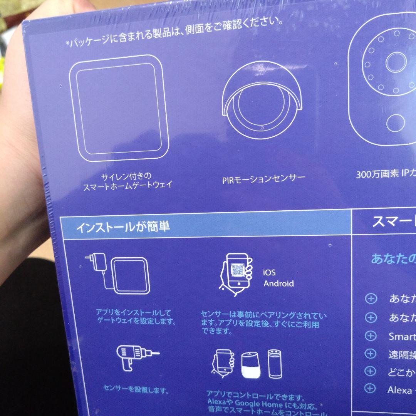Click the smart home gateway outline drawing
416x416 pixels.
point(119,109)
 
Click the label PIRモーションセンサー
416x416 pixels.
point(263,179)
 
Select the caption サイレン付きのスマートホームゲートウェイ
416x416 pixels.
point(127,181)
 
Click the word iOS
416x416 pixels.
point(269,273)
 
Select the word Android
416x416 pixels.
point(278,284)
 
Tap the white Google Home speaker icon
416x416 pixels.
point(251,365)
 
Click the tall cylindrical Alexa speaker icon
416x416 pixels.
point(275,364)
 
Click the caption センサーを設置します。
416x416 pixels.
point(136,389)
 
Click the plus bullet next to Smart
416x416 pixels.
point(370,335)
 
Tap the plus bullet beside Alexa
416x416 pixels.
point(370,389)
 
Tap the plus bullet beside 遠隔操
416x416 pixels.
point(370,353)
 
